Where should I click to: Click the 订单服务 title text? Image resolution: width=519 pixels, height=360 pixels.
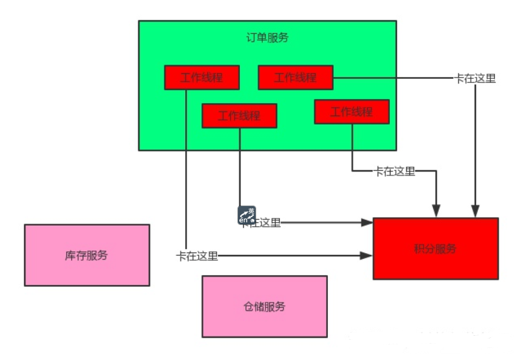pyautogui.click(x=267, y=37)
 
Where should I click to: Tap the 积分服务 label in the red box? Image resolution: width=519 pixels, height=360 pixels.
pyautogui.click(x=435, y=248)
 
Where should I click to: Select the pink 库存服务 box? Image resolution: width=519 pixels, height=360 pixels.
pyautogui.click(x=87, y=255)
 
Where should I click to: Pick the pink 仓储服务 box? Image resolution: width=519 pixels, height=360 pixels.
pyautogui.click(x=264, y=306)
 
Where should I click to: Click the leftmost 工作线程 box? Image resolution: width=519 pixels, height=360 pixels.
pyautogui.click(x=202, y=78)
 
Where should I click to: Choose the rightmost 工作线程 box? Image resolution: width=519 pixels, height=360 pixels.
pyautogui.click(x=351, y=112)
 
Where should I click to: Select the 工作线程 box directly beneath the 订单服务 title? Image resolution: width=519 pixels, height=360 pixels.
pyautogui.click(x=295, y=78)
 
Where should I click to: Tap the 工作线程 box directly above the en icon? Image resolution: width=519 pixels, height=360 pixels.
pyautogui.click(x=239, y=116)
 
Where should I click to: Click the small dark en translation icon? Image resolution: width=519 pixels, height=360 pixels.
pyautogui.click(x=246, y=215)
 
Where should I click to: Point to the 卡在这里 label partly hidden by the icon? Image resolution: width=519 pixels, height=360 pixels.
pyautogui.click(x=263, y=223)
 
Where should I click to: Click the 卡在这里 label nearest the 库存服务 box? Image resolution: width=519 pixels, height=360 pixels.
pyautogui.click(x=197, y=256)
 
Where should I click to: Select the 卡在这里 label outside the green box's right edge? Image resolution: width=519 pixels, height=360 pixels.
pyautogui.click(x=475, y=78)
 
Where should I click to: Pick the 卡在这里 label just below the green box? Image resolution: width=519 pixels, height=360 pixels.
pyautogui.click(x=394, y=172)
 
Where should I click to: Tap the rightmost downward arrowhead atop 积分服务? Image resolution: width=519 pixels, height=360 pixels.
pyautogui.click(x=475, y=212)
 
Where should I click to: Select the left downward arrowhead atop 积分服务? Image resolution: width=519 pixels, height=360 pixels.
pyautogui.click(x=436, y=212)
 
